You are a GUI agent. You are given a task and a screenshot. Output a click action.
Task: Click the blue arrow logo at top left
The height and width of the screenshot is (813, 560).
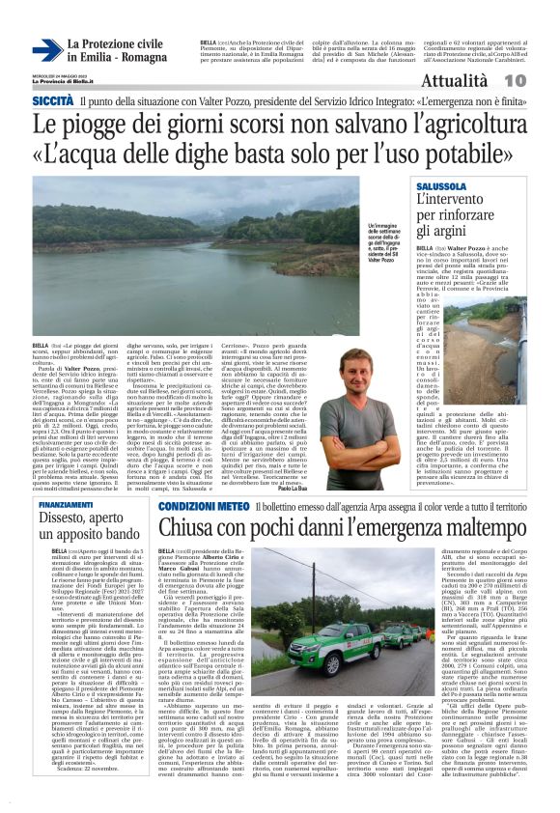click(x=46, y=51)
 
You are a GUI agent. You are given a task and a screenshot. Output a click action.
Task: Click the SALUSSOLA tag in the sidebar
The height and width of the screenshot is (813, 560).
click(x=442, y=184)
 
